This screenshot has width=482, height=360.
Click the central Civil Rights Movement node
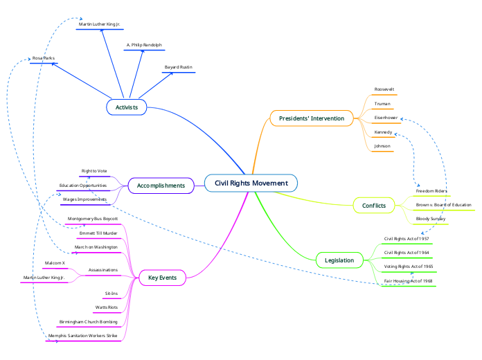coord(251,183)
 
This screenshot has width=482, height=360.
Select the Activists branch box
coord(126,107)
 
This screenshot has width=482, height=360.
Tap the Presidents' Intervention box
coord(311,118)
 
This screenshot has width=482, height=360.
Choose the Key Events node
coord(162,278)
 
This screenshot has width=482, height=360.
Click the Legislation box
coord(339,260)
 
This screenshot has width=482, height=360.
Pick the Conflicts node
coord(374,206)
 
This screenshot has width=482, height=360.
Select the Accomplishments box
coord(161,186)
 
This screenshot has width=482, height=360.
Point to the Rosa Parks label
coord(43,58)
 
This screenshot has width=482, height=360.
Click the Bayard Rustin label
coord(178,67)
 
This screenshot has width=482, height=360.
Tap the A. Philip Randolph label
coord(144,45)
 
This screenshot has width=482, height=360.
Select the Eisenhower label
coord(386,118)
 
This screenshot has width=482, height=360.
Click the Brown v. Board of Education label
coord(443,205)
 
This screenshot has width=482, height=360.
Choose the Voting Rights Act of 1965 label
coord(409,267)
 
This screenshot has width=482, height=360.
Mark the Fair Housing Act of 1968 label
coord(409,281)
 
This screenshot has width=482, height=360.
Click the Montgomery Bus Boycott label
coord(92,218)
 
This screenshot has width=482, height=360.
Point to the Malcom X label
coord(55,263)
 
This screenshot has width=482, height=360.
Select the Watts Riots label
coord(106,307)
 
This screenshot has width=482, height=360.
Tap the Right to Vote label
coord(94,170)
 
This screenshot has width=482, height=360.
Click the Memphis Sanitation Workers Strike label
coord(83,336)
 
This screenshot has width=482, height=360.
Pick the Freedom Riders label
coord(431,190)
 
